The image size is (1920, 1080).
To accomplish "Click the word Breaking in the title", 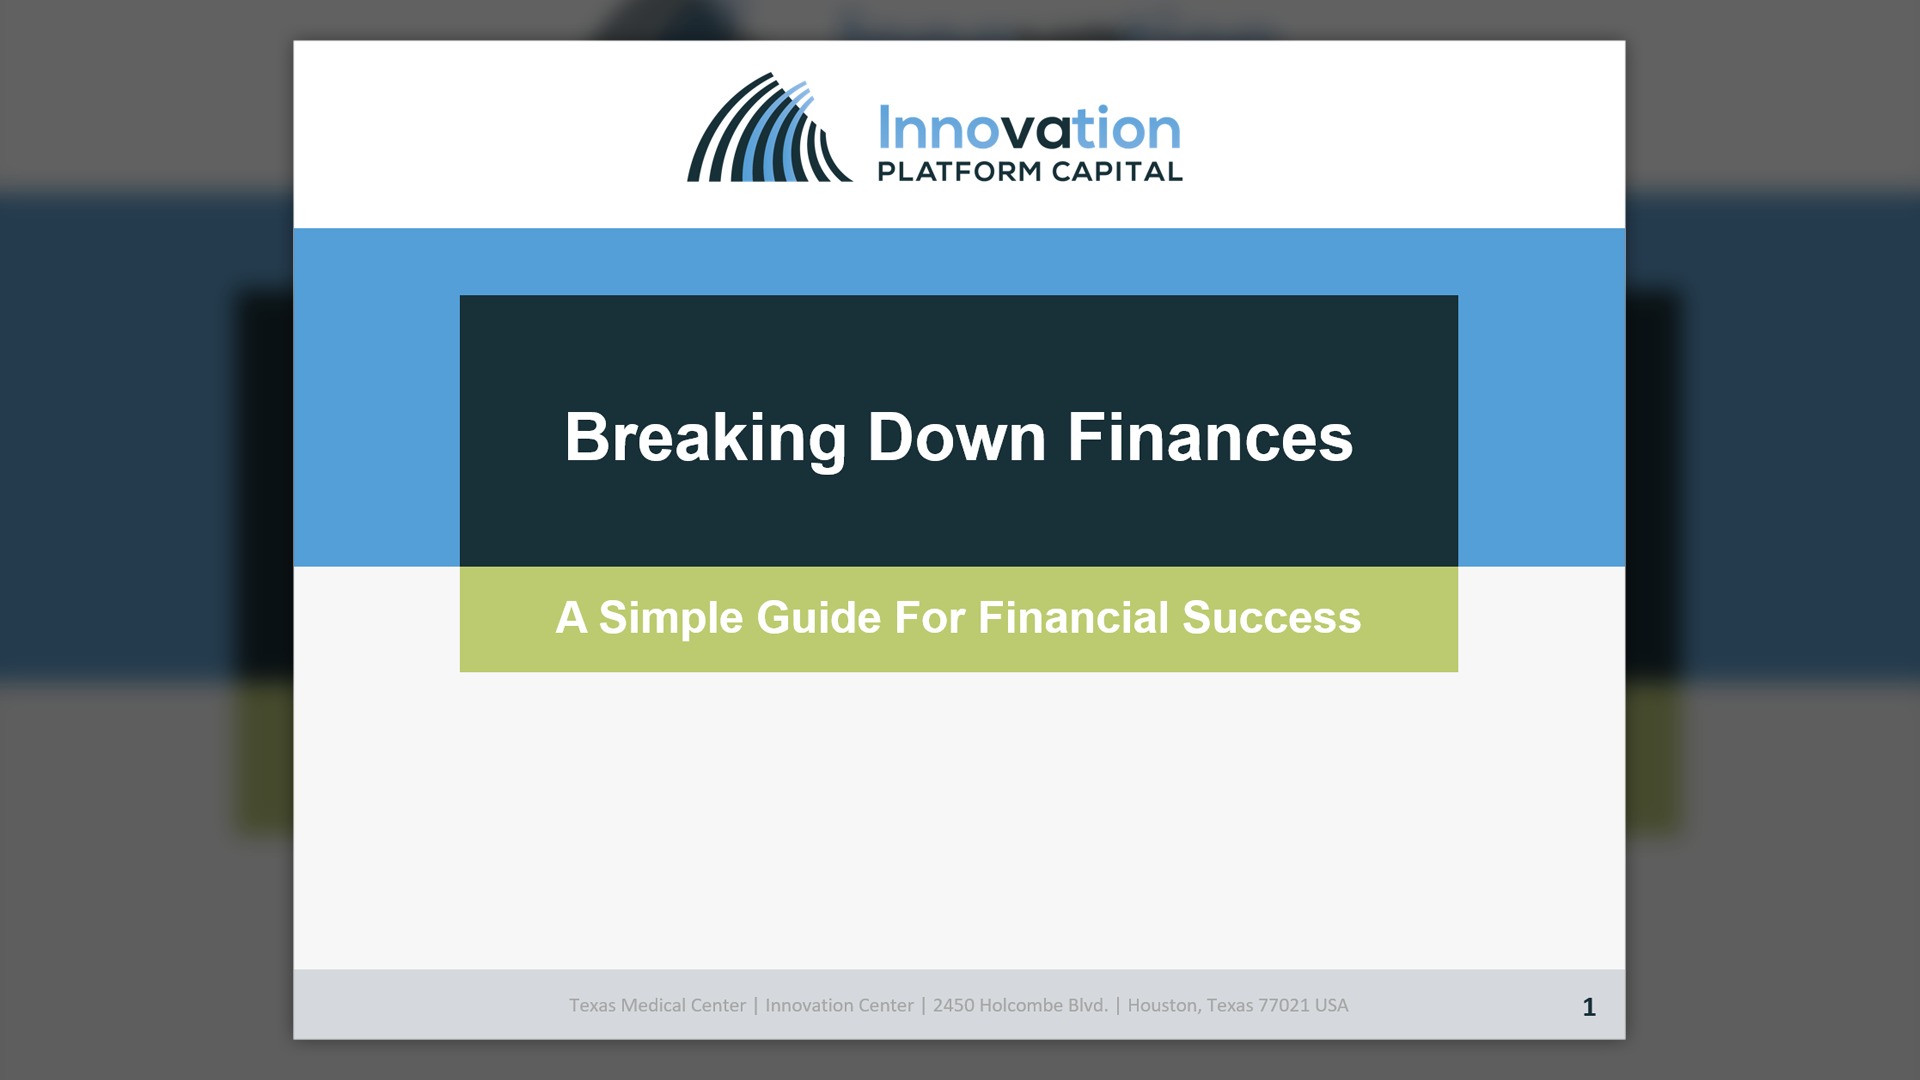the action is coord(706,438).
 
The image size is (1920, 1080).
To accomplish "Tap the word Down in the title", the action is coord(956,438).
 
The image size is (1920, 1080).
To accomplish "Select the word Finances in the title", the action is coord(1210,438).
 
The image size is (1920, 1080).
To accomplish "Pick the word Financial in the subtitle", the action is coord(1073,618).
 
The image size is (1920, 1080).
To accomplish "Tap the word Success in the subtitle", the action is coord(1272,618).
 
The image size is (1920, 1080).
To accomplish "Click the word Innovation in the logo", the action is coord(1030,129).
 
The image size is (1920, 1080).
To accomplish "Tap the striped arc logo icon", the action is coord(769,127).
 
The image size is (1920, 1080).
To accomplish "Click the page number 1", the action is coord(1589,1007).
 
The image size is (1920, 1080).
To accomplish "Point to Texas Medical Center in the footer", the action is coord(657,1005).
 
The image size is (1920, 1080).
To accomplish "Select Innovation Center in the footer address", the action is coord(839,1005).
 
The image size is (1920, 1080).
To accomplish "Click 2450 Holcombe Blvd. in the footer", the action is coord(1020,1005).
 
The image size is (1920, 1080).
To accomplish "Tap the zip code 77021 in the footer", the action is coord(1284,1005).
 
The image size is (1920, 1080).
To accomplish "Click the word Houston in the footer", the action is coord(1163,1005).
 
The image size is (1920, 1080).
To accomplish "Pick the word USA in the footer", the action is coord(1332,1005).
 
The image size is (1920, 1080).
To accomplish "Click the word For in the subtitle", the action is coord(929,618).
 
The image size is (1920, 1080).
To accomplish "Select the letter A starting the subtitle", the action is coord(571,618).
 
